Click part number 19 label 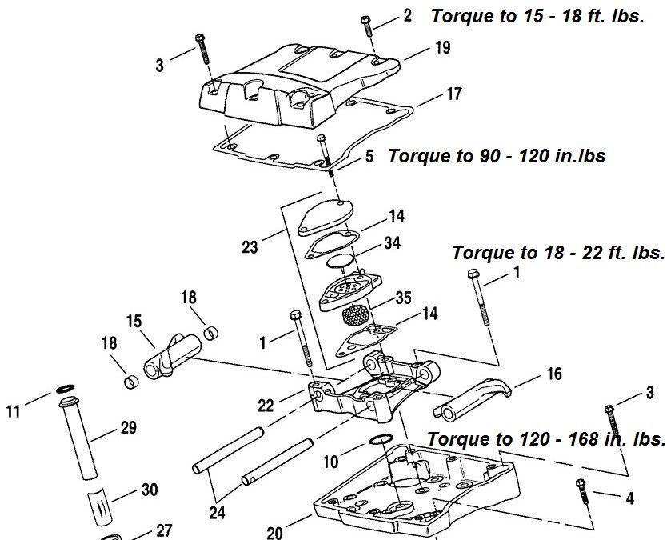[443, 48]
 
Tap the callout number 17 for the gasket [453, 94]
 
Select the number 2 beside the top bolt [408, 15]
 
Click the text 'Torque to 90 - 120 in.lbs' [496, 155]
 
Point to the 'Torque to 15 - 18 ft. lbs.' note [537, 16]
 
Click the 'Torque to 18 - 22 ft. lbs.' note [557, 253]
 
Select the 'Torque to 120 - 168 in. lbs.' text [546, 439]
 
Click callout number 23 [250, 247]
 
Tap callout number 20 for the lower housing [274, 532]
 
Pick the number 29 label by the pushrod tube [128, 428]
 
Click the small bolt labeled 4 [582, 490]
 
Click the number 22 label [266, 406]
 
